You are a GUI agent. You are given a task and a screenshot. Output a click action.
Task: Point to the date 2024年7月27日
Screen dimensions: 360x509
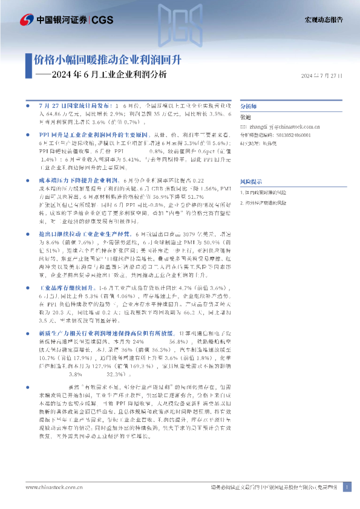(322, 76)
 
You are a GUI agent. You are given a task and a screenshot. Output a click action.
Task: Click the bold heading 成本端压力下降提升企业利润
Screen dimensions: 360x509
(79, 180)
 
